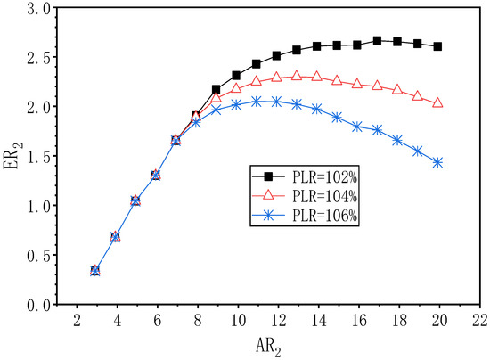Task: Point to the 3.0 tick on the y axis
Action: pyautogui.click(x=38, y=8)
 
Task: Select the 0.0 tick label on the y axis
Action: pyautogui.click(x=38, y=305)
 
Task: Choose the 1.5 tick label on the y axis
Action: pyautogui.click(x=38, y=157)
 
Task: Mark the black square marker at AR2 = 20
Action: pyautogui.click(x=437, y=46)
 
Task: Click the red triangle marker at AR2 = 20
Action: pyautogui.click(x=437, y=103)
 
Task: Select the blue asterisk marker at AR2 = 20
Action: pyautogui.click(x=437, y=162)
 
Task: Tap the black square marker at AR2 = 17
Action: pyautogui.click(x=377, y=40)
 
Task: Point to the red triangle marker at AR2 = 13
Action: pyautogui.click(x=297, y=76)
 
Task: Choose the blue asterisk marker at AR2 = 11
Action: pyautogui.click(x=257, y=102)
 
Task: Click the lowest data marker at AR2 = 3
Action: pyautogui.click(x=95, y=270)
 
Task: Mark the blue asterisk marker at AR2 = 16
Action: pyautogui.click(x=357, y=127)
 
